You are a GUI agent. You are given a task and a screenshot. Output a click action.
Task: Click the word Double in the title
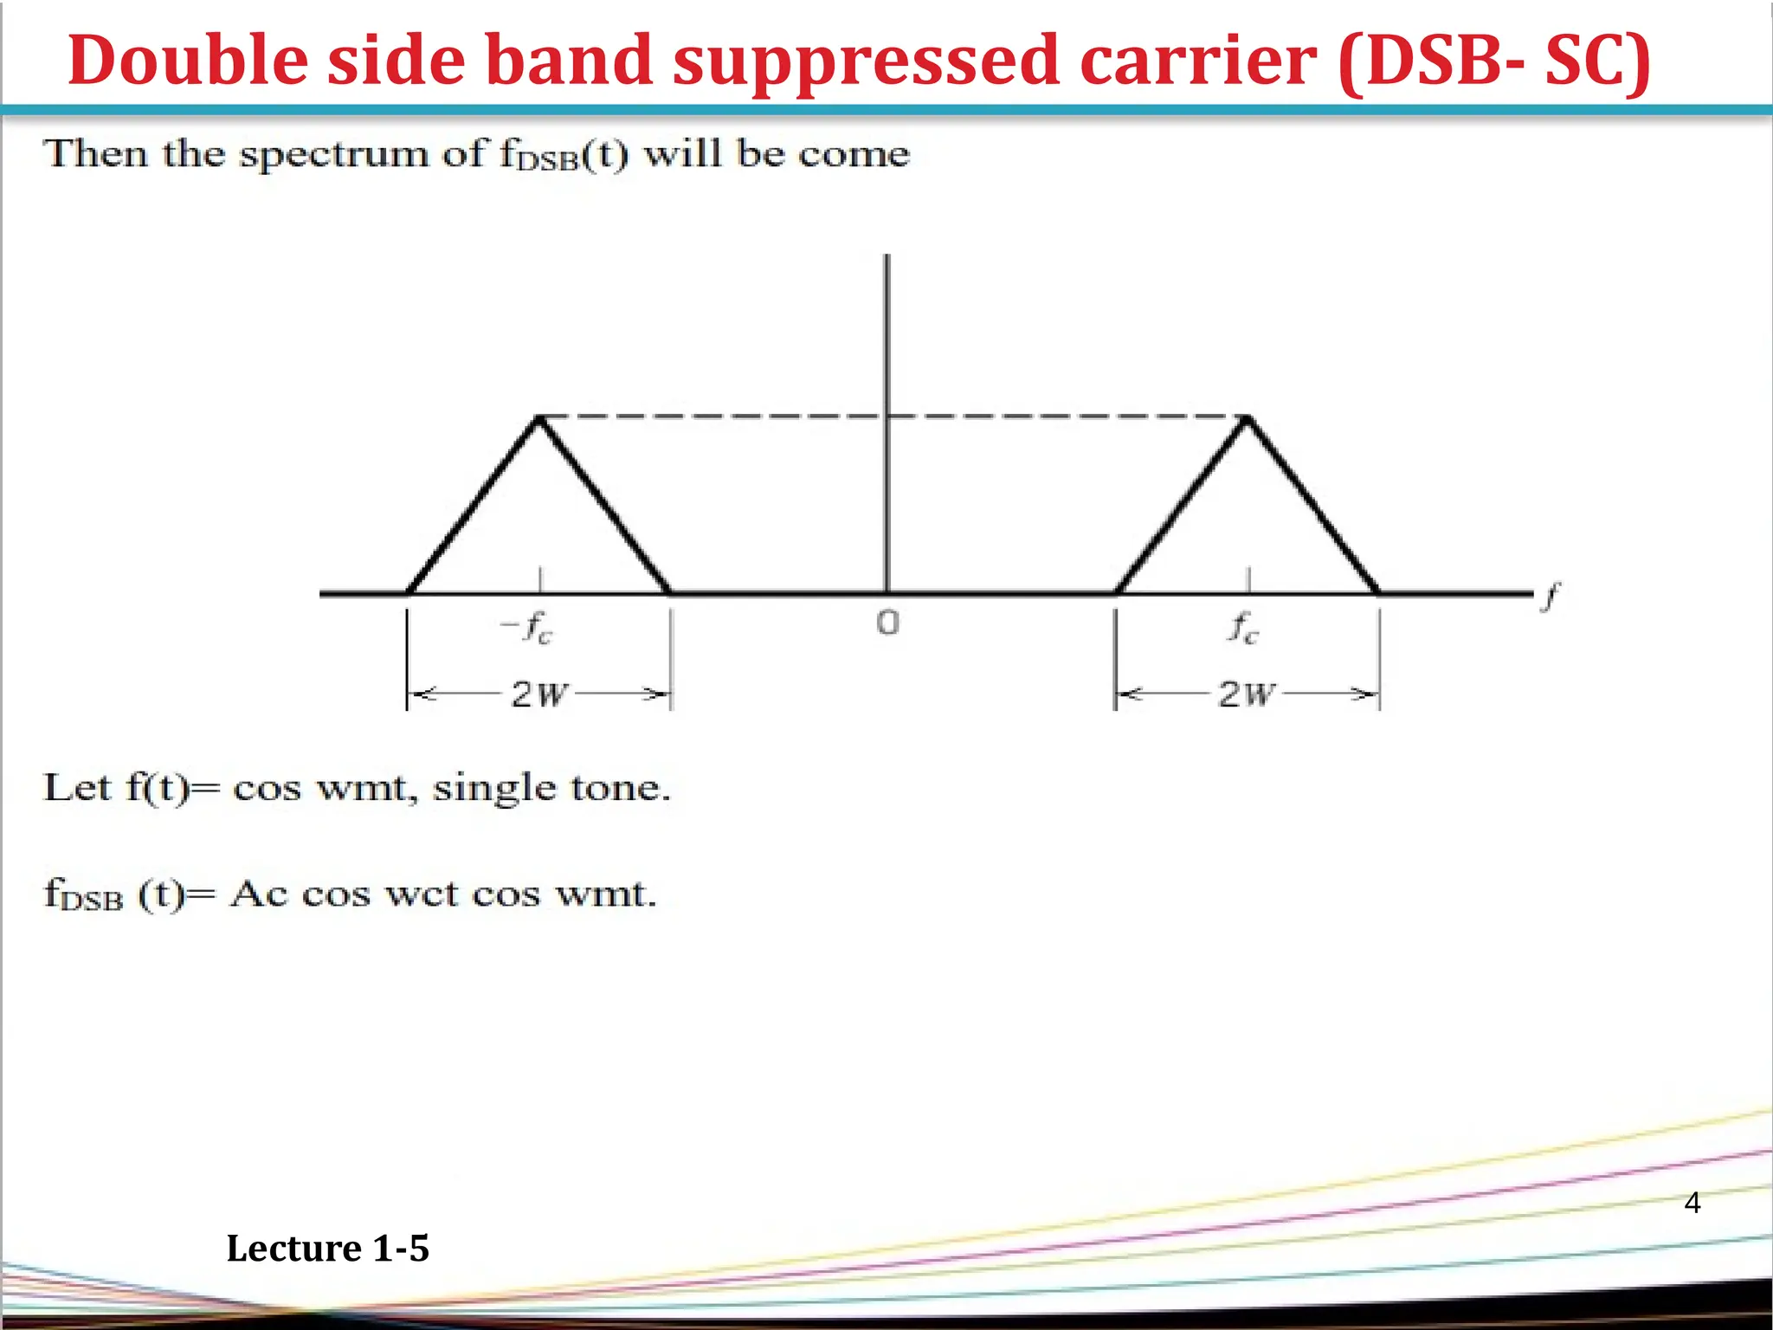(x=188, y=61)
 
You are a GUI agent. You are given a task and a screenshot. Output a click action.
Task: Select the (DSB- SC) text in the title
(x=1493, y=61)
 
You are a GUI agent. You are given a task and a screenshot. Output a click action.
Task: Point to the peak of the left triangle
(x=539, y=418)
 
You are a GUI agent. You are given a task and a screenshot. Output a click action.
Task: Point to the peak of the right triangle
(x=1248, y=418)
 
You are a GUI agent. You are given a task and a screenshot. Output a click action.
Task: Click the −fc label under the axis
(x=527, y=627)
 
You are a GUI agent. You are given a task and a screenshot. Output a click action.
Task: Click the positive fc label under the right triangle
(x=1243, y=627)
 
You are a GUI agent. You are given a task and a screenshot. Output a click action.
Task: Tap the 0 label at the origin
(x=888, y=623)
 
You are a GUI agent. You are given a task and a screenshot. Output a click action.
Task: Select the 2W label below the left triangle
(x=539, y=694)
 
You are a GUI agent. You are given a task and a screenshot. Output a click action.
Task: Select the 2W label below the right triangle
(x=1247, y=694)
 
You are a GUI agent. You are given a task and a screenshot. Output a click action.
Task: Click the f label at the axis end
(x=1551, y=596)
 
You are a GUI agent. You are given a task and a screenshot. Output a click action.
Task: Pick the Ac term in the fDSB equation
(x=259, y=894)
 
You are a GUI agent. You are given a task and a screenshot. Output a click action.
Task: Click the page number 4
(x=1692, y=1203)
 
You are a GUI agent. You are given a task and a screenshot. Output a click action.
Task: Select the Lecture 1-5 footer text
(x=327, y=1249)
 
